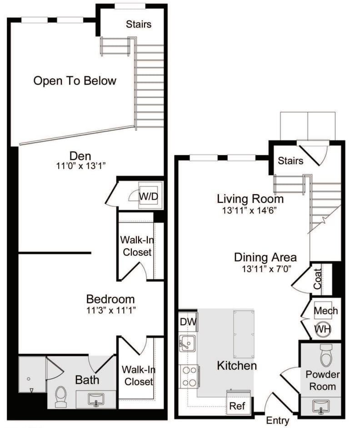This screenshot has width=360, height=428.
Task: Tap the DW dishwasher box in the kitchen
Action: [188, 322]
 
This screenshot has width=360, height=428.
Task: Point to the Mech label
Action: [326, 311]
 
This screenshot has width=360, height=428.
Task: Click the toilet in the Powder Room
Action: [326, 355]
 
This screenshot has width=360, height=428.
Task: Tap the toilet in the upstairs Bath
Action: [60, 397]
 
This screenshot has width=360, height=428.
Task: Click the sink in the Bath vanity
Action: [96, 399]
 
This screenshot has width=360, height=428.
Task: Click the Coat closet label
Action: [317, 279]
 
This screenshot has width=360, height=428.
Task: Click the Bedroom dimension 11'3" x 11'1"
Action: [110, 310]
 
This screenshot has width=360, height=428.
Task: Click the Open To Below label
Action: [75, 81]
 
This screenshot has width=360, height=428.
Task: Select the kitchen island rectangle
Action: [243, 334]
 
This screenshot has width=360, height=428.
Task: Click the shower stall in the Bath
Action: [32, 374]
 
